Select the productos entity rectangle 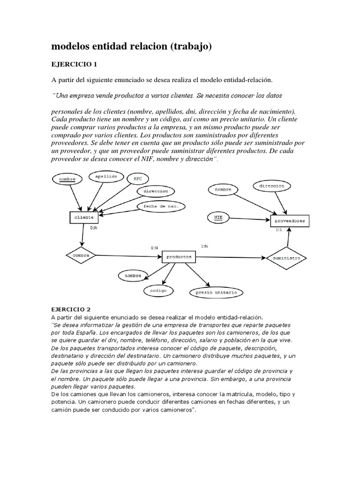pos(178,257)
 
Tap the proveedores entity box pos(289,220)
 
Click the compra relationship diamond pos(81,255)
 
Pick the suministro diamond pos(286,258)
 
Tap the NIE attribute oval pos(218,217)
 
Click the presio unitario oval pos(216,292)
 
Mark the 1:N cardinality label pos(205,246)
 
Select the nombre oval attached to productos pos(133,276)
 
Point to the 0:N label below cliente pos(94,228)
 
